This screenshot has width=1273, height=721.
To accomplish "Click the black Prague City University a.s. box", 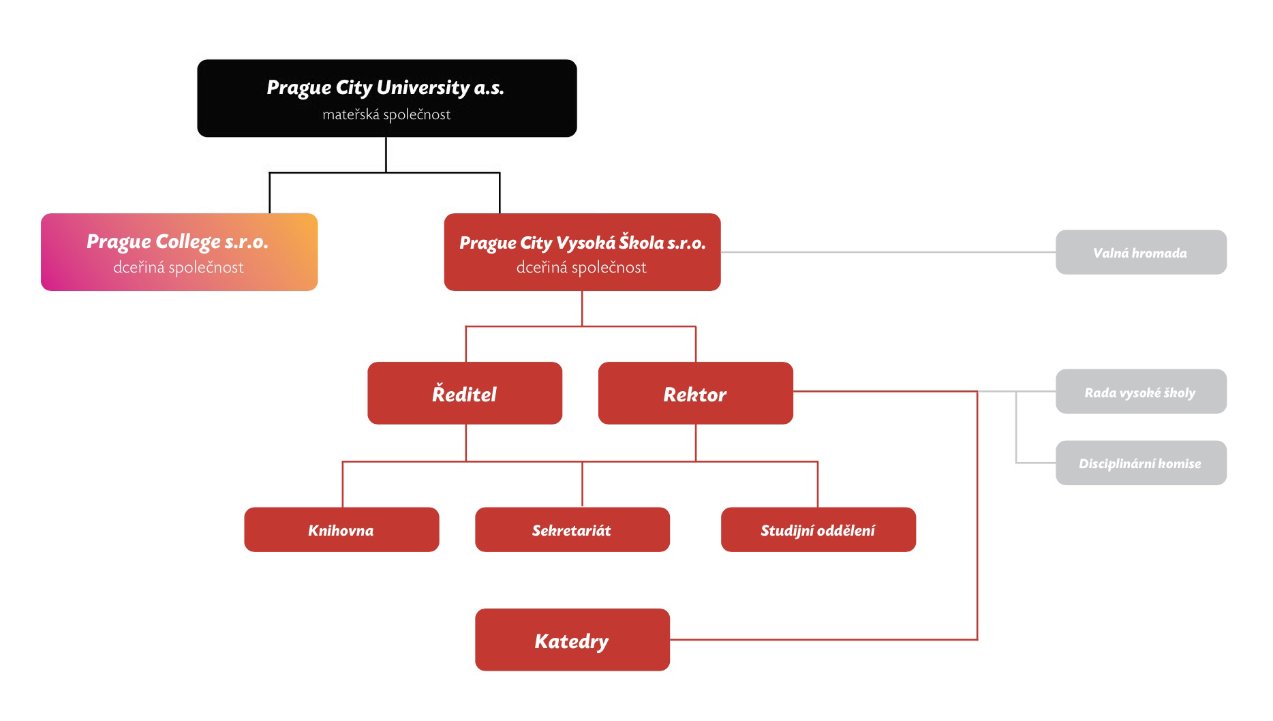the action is [x=387, y=98].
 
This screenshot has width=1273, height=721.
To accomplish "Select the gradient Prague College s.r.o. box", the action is [x=179, y=252].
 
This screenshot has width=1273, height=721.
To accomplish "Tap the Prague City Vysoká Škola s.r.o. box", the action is [x=582, y=252].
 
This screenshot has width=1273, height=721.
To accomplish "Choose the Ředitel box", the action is [x=465, y=393].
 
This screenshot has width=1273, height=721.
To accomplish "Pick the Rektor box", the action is [x=696, y=393].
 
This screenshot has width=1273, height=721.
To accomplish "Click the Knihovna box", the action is [x=341, y=530].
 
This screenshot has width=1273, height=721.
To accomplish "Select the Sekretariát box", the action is [x=572, y=530].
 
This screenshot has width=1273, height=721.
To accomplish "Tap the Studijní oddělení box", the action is [x=818, y=530].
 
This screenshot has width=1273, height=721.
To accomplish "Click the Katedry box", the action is [x=572, y=640].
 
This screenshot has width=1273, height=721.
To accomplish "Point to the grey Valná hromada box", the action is [x=1141, y=252].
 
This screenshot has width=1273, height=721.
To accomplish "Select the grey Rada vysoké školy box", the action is [x=1141, y=392].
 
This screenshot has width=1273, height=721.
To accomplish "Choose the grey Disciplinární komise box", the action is [x=1141, y=463].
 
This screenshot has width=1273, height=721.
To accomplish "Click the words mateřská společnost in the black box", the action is [x=386, y=114].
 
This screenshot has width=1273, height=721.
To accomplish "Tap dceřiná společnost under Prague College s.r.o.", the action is [x=179, y=267].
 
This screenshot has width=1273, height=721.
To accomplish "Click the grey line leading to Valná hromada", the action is [x=888, y=252].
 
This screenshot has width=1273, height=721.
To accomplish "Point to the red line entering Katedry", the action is [x=823, y=639].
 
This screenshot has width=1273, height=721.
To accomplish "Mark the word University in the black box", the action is [x=423, y=88].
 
